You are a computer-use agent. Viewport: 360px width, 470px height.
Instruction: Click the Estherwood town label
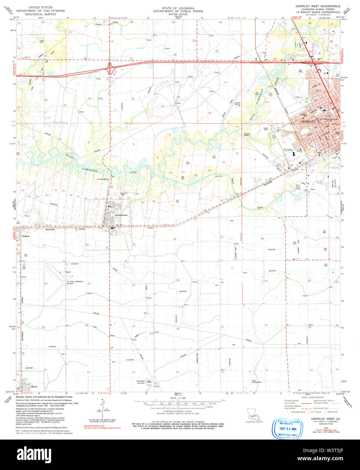click(121, 215)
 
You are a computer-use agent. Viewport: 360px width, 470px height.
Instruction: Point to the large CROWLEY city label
click(307, 121)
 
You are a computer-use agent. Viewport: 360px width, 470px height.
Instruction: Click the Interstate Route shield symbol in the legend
click(289, 412)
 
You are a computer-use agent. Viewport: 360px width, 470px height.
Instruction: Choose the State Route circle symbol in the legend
click(325, 412)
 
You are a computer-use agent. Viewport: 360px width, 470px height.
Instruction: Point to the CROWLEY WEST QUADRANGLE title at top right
click(313, 6)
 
